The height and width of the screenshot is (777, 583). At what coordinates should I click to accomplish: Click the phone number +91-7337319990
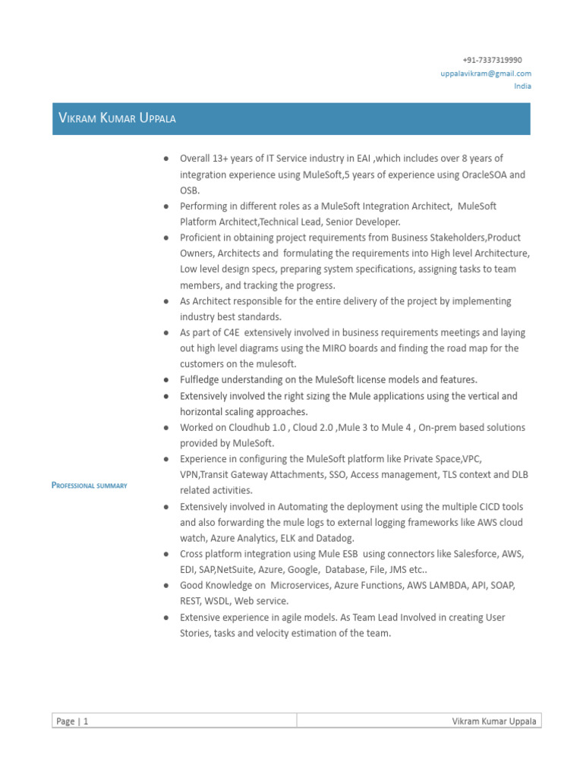492,60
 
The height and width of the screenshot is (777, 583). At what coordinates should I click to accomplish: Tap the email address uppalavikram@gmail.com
486,73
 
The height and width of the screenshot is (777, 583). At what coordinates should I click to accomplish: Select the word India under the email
522,86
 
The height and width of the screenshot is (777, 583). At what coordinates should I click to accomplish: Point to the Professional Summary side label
89,485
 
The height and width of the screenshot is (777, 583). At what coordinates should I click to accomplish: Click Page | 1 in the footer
73,722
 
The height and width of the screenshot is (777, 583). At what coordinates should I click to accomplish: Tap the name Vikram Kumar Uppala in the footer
495,722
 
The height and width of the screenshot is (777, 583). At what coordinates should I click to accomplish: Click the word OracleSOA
484,175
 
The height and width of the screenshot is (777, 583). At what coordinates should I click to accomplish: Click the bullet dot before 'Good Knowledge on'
165,586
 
